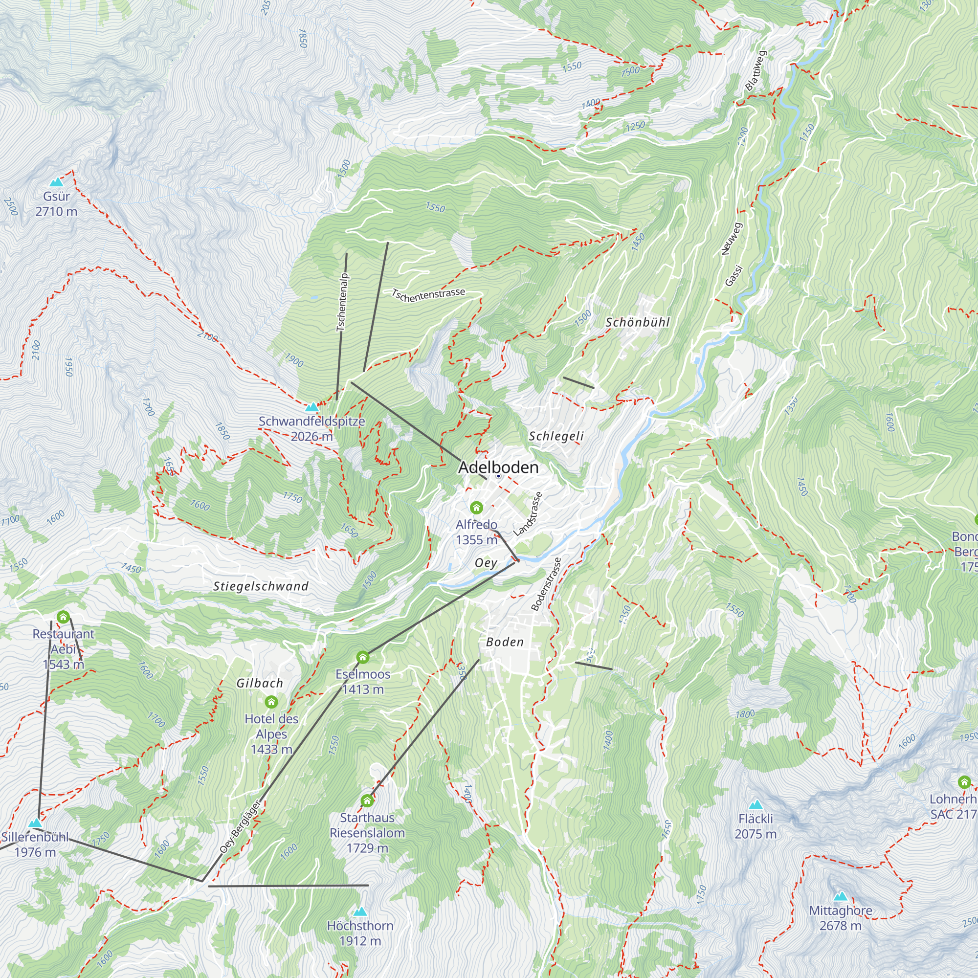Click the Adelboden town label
[498, 467]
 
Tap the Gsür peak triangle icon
[56, 182]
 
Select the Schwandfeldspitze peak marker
[312, 407]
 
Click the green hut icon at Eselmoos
[362, 658]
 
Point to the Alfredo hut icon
[476, 507]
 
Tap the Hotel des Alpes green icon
[271, 702]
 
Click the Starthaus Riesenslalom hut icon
[367, 800]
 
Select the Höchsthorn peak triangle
[360, 911]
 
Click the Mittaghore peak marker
[840, 896]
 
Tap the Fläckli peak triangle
[756, 804]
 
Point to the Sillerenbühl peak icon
[35, 822]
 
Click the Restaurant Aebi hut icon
[63, 617]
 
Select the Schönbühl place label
[637, 322]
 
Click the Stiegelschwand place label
[261, 586]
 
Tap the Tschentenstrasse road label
[428, 294]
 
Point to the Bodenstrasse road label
[546, 584]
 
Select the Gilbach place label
[260, 683]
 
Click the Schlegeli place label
[556, 436]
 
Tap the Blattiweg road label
[756, 70]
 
